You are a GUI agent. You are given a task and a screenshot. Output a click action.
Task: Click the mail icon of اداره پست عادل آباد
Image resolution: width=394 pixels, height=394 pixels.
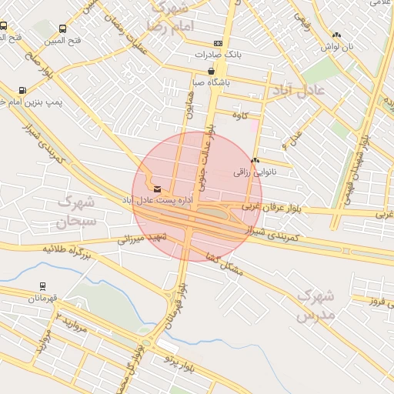click(x=158, y=189)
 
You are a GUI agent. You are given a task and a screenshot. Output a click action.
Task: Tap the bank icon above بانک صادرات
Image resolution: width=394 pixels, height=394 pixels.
click(x=219, y=43)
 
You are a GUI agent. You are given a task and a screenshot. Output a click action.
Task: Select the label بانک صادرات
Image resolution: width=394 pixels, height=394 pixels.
click(x=219, y=55)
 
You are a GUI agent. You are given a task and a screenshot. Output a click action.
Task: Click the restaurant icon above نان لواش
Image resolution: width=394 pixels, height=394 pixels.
click(x=336, y=35)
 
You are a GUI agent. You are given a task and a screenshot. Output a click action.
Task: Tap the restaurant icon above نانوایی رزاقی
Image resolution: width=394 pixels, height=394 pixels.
click(x=255, y=160)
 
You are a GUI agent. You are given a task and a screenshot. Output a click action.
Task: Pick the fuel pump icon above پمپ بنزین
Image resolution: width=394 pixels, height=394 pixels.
click(x=22, y=90)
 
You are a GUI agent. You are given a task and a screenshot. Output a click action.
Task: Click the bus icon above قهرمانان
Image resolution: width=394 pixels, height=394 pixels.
click(x=42, y=286)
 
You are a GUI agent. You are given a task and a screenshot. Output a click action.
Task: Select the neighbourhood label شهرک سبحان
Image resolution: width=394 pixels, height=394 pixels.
click(x=74, y=212)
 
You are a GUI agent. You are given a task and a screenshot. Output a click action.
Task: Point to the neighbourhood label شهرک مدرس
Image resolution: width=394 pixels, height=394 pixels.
click(x=315, y=305)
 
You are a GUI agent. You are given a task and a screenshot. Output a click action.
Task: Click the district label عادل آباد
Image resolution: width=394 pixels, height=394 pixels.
click(x=298, y=91)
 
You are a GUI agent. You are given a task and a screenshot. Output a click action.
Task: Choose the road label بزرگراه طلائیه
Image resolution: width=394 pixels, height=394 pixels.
click(x=55, y=250)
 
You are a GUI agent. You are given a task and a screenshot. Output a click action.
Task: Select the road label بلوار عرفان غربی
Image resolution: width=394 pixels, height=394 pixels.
click(x=272, y=209)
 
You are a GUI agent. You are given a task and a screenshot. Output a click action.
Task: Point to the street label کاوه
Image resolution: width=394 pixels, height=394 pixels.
click(x=243, y=115)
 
